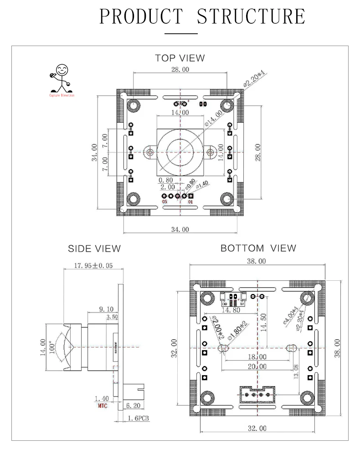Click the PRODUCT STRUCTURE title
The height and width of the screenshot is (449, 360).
(202, 16)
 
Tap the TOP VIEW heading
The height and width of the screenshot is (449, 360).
(180, 58)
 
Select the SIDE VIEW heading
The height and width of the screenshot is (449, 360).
(94, 248)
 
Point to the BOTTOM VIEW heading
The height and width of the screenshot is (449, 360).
(258, 248)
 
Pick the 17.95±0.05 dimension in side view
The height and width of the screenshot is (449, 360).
(93, 266)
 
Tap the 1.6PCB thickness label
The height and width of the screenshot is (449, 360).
(138, 418)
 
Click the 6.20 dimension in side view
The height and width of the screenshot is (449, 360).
(133, 404)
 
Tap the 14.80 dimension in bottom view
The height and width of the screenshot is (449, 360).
(231, 310)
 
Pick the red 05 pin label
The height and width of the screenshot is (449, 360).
(165, 202)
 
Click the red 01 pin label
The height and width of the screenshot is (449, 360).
(190, 202)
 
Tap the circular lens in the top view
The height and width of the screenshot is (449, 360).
(180, 151)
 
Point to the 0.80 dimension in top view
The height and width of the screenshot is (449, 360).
(166, 180)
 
